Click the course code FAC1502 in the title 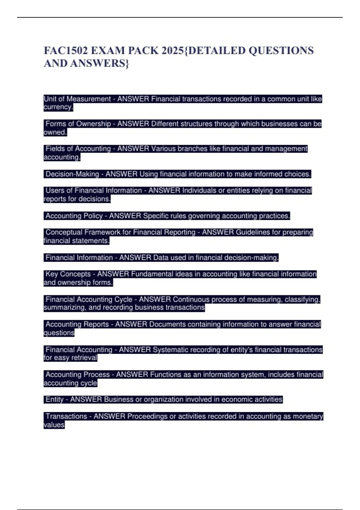point(66,51)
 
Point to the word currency point(58,107)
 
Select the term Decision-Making point(72,174)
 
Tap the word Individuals point(203,190)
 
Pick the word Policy point(91,216)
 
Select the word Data point(161,258)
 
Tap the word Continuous point(191,299)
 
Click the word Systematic point(170,350)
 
